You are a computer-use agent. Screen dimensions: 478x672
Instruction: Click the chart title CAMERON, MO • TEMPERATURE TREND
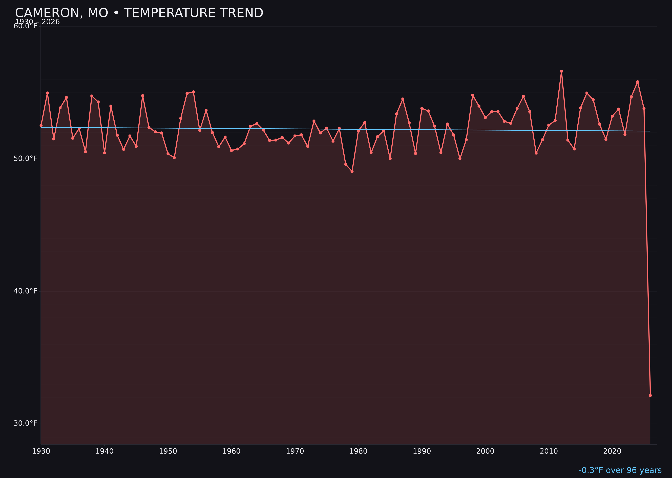pyautogui.click(x=139, y=13)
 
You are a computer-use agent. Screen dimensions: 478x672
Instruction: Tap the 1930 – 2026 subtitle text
pyautogui.click(x=37, y=22)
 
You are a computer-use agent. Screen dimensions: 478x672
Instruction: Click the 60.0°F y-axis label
pyautogui.click(x=25, y=26)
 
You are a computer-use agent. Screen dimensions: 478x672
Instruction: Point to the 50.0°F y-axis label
pyautogui.click(x=25, y=159)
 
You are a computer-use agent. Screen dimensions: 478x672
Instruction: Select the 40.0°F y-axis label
pyautogui.click(x=25, y=291)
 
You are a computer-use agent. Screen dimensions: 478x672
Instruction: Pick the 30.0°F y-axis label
pyautogui.click(x=25, y=423)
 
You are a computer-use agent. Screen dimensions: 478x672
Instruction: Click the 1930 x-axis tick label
pyautogui.click(x=41, y=451)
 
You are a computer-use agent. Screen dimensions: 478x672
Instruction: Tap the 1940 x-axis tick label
pyautogui.click(x=104, y=451)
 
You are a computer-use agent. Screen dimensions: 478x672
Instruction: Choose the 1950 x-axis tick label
pyautogui.click(x=168, y=451)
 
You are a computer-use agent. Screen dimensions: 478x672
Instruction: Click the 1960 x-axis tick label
pyautogui.click(x=232, y=451)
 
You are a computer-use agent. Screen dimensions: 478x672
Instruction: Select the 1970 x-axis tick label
pyautogui.click(x=295, y=451)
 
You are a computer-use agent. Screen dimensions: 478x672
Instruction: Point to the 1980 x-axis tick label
pyautogui.click(x=358, y=451)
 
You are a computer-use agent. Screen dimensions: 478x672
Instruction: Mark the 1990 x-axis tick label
pyautogui.click(x=422, y=451)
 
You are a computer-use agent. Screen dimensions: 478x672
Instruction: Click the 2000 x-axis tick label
pyautogui.click(x=485, y=451)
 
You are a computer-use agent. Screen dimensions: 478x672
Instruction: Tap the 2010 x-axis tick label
pyautogui.click(x=549, y=451)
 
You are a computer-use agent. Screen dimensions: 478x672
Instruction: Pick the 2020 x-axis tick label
pyautogui.click(x=612, y=451)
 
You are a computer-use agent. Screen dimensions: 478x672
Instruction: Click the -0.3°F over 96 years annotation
pyautogui.click(x=620, y=470)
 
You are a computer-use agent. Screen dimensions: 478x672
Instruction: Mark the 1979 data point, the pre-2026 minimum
pyautogui.click(x=352, y=171)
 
